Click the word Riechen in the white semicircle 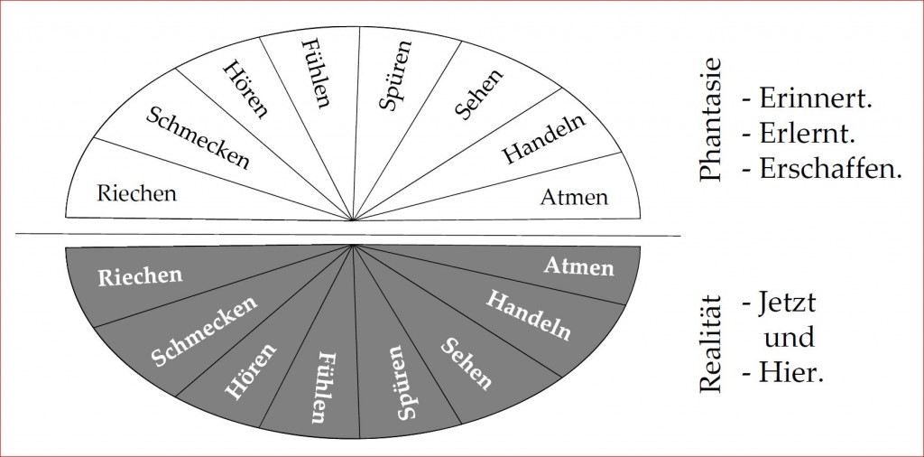[137, 193]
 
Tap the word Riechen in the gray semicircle [140, 276]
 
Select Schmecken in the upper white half [198, 138]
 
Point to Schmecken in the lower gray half [204, 331]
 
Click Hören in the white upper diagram [246, 89]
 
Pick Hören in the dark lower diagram [251, 371]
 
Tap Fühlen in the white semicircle [315, 73]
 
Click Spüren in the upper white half [394, 75]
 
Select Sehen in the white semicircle [479, 94]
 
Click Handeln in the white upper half [543, 138]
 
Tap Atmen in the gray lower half [578, 266]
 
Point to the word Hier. [790, 373]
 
